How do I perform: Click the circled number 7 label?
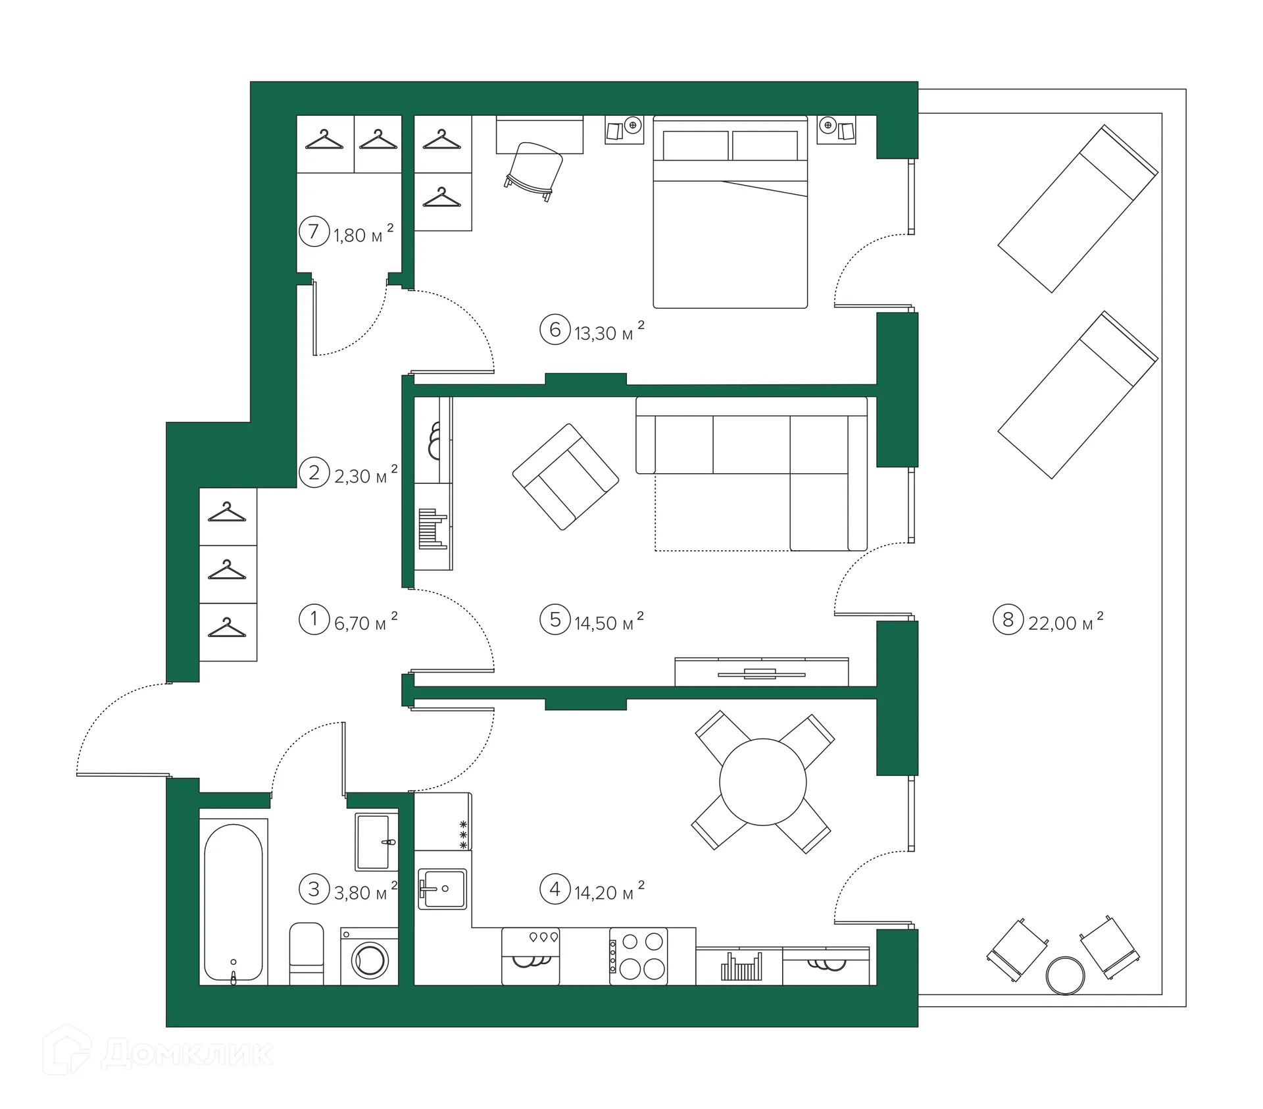point(314,232)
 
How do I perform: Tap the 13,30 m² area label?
point(608,331)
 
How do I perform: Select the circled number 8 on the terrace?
point(1008,619)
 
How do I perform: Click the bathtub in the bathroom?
point(234,902)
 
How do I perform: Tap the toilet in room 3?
point(307,954)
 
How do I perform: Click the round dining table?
point(763,782)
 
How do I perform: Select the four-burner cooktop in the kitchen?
point(638,956)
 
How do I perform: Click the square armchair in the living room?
point(566,477)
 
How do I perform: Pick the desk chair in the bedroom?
point(534,170)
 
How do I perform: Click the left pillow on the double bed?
point(695,145)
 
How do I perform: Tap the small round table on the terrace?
point(1065,975)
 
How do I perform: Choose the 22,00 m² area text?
point(1066,621)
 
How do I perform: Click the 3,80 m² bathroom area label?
point(366,890)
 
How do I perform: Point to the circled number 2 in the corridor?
point(314,473)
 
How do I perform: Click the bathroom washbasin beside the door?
point(377,842)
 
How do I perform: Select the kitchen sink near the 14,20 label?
point(442,889)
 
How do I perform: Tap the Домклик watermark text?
point(188,1054)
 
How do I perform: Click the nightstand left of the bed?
point(624,130)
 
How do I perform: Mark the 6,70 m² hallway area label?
point(366,621)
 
